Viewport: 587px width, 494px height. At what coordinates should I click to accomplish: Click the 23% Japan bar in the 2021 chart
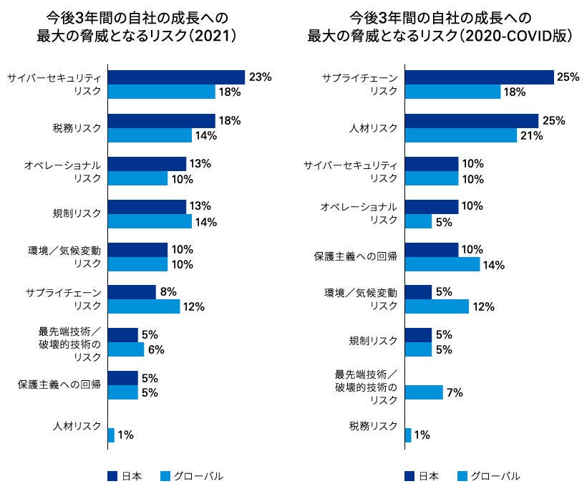point(176,77)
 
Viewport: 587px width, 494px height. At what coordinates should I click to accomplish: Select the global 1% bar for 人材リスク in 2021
point(111,435)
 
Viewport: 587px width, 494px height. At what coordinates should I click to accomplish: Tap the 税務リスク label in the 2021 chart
point(77,127)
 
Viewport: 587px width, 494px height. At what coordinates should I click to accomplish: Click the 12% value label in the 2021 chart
point(193,306)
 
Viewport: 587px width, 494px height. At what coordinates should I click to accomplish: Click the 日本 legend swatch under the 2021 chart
point(112,475)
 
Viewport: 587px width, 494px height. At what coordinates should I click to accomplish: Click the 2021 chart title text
point(137,27)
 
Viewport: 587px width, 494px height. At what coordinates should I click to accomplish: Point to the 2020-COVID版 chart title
point(440,27)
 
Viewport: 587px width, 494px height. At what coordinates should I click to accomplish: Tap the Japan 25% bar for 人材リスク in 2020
point(471,120)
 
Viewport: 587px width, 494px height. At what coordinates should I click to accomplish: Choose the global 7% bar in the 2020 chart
point(423,392)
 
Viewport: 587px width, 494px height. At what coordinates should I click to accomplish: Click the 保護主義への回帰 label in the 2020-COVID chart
point(356,256)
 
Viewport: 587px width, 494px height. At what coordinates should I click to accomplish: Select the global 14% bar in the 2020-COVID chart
point(442,263)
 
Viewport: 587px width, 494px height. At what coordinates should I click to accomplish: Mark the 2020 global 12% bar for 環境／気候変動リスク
point(436,306)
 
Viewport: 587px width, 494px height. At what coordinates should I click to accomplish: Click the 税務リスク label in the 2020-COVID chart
point(373,426)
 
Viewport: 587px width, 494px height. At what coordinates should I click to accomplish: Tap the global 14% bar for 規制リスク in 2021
point(150,221)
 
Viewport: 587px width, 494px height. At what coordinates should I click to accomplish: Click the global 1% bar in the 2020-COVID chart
point(407,435)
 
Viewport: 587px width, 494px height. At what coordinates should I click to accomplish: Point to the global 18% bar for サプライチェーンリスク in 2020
point(452,92)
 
